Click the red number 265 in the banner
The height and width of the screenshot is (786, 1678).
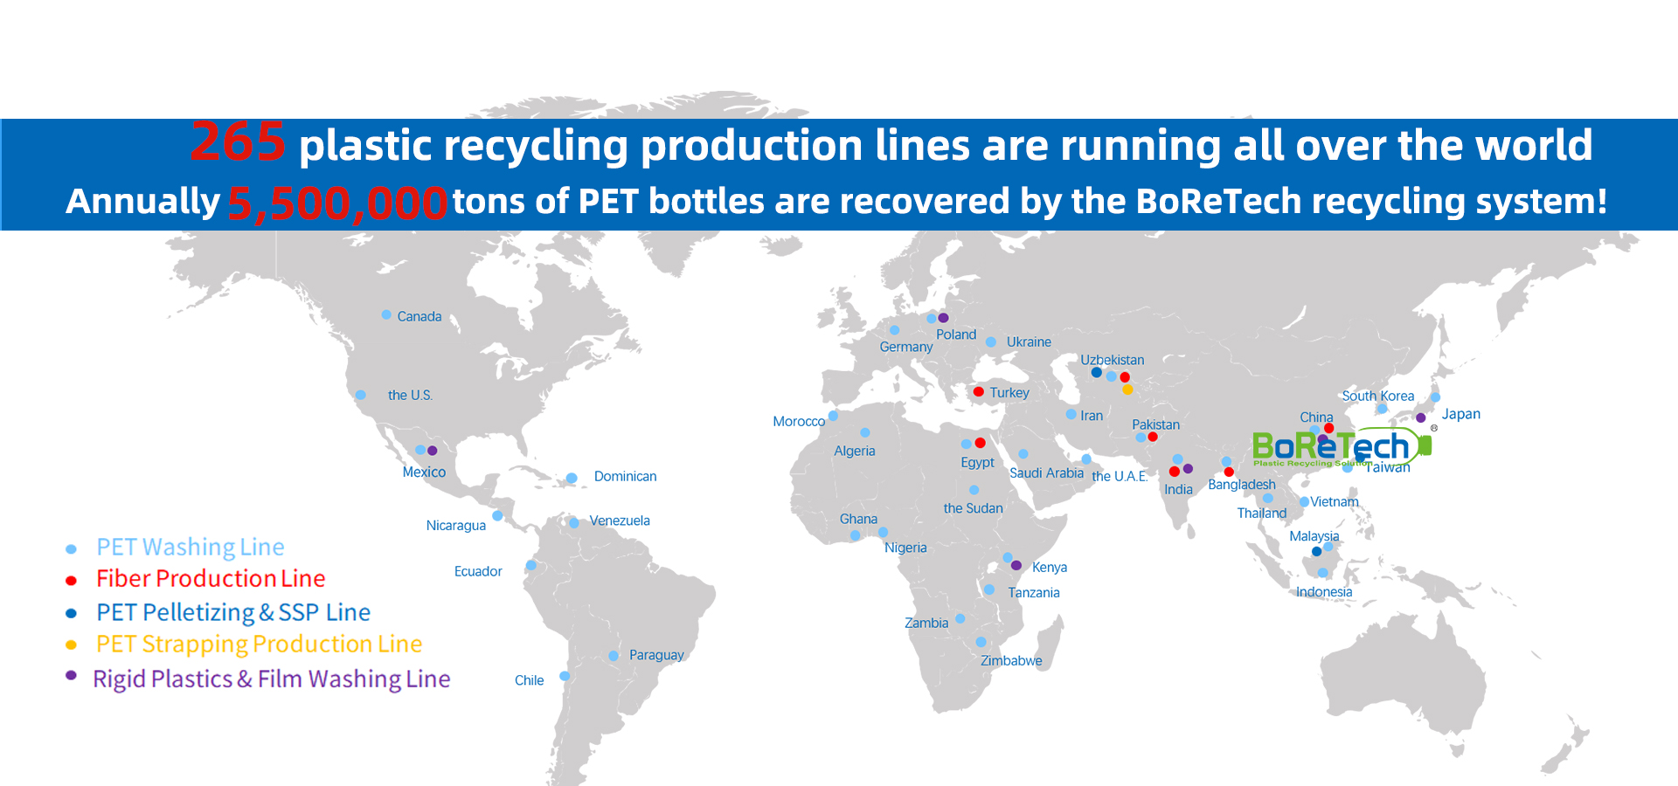238,141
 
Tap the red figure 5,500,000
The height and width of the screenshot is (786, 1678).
337,203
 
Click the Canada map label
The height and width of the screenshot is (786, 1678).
419,316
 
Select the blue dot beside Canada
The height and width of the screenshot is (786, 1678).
386,314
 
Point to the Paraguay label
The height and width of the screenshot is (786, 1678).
656,655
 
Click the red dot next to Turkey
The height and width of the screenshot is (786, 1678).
979,391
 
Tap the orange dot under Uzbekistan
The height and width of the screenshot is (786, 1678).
1127,390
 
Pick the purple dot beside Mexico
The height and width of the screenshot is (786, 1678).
432,451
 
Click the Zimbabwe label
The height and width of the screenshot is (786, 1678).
1011,661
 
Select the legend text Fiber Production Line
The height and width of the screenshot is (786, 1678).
211,578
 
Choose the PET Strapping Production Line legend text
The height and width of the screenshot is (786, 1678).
259,645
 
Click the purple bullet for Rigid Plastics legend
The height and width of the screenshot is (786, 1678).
72,675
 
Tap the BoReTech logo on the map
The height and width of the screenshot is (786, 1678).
1342,447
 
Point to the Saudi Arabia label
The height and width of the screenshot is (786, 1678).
1046,473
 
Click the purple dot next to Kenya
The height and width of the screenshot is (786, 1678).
1016,566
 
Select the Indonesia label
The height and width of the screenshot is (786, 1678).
1324,592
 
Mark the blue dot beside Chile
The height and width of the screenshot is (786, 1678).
565,676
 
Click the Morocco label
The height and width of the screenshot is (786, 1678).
799,422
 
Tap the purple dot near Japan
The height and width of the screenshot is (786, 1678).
1421,417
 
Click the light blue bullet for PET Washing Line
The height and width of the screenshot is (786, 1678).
72,549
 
